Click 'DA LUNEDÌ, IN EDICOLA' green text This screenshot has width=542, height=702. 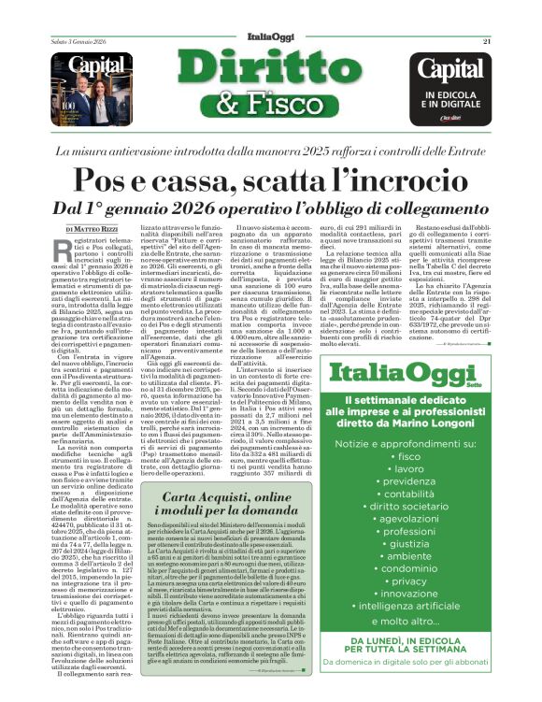click(435, 667)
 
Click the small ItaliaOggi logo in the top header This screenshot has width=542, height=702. click(270, 41)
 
